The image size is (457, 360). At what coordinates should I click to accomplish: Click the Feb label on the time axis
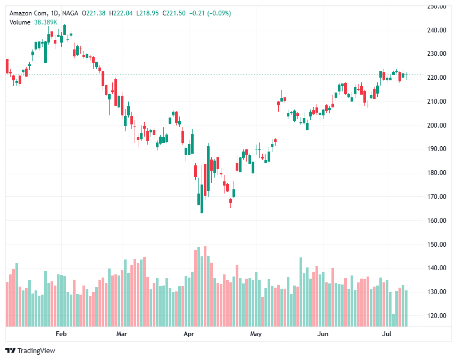(61, 334)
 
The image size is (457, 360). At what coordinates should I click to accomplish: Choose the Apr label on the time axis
(188, 334)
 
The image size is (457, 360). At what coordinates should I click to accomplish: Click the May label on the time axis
(256, 334)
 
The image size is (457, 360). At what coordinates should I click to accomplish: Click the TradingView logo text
(36, 350)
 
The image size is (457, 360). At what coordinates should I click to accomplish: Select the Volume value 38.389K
(46, 21)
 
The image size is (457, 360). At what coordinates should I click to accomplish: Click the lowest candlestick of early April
(202, 205)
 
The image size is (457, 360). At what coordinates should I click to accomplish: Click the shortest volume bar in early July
(394, 320)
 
